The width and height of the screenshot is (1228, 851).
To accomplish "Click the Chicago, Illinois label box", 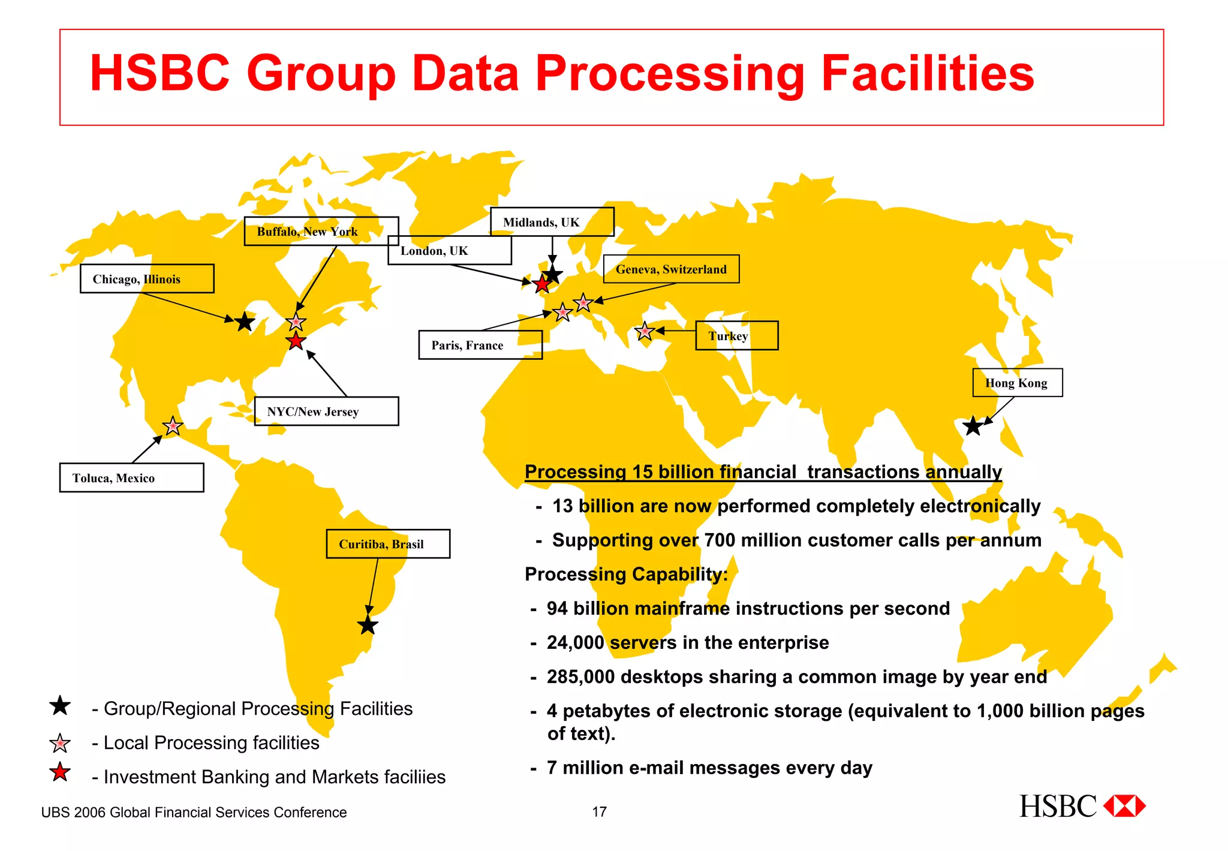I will coord(147,279).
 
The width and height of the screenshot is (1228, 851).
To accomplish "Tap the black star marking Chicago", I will coord(245,322).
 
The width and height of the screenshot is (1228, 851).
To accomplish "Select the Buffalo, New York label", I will coord(321,231).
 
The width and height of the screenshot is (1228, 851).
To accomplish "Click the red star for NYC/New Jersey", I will coord(296,342).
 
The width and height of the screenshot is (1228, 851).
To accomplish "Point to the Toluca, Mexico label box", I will coord(131,478).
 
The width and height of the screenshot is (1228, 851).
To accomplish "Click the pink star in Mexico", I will coord(173,426).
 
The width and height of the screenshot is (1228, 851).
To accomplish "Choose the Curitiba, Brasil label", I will coord(388,544).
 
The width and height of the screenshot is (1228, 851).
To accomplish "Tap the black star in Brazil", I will coord(368,626).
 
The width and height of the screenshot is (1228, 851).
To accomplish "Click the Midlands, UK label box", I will coord(552,222).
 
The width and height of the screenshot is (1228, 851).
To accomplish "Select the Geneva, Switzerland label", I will coord(671,269).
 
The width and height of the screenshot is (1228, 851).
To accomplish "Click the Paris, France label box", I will coord(480,345).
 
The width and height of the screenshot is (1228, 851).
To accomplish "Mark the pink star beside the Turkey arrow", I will coord(645,331).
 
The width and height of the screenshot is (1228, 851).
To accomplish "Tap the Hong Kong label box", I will coord(1017,383).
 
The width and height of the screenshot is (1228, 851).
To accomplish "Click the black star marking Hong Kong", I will coord(973,426).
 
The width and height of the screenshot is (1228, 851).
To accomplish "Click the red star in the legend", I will coord(60,772).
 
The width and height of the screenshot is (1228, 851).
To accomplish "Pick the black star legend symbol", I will coord(60,706).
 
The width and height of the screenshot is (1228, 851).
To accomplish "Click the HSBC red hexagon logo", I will coord(1124,806).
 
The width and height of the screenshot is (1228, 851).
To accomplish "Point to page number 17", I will coord(599,812).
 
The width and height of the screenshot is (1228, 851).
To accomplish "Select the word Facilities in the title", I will coord(928,74).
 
